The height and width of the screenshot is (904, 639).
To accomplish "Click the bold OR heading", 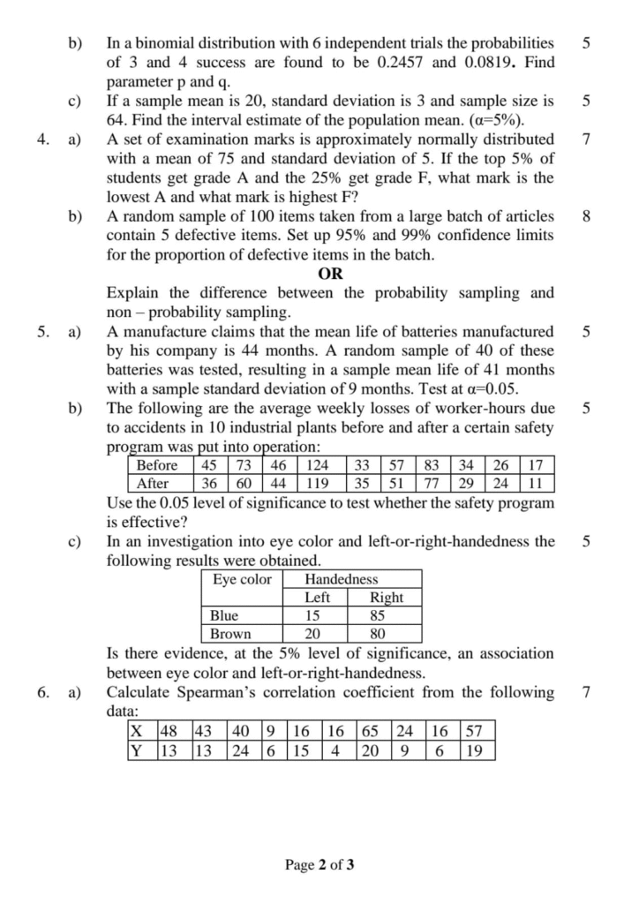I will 330,274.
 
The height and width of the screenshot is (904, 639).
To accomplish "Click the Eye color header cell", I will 242,579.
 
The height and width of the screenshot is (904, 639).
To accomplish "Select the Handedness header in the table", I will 341,579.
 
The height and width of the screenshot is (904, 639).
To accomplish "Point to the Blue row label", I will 223,615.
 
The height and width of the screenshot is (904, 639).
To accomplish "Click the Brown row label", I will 229,633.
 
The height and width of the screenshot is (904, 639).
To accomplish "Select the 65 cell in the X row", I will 370,731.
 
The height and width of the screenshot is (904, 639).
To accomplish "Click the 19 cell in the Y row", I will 474,750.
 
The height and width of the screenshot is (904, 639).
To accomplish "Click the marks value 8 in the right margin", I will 587,215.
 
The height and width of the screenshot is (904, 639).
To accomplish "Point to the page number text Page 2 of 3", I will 319,864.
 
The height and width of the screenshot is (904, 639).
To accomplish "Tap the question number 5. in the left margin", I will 45,332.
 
